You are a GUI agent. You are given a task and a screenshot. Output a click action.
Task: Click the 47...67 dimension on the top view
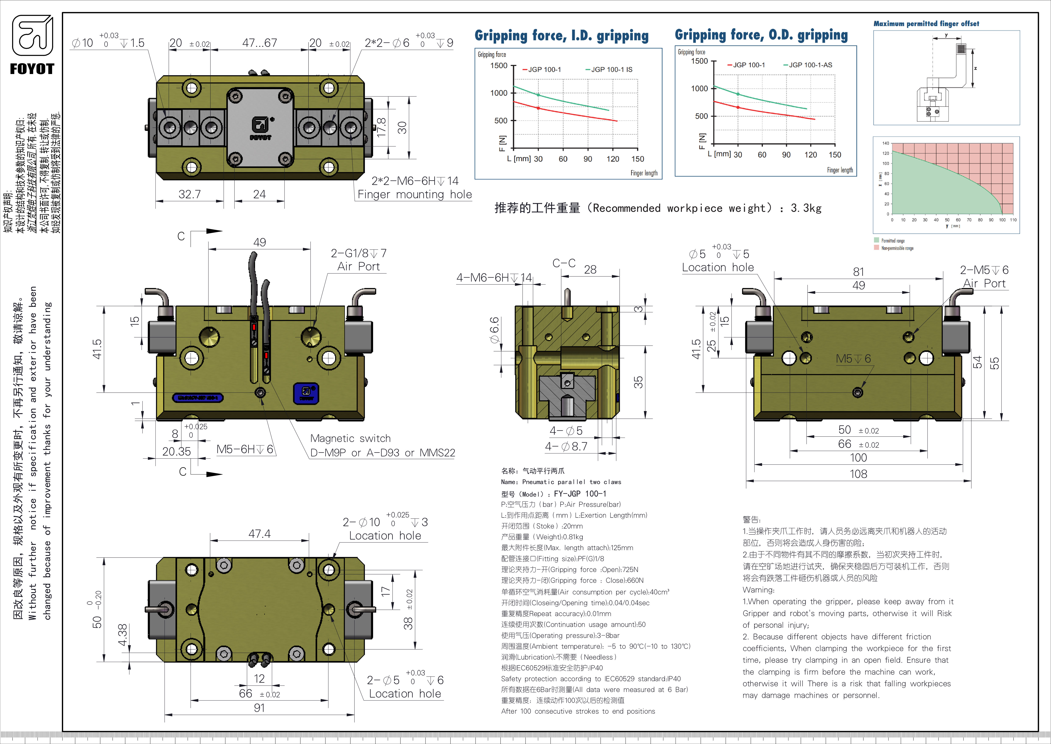click(x=260, y=43)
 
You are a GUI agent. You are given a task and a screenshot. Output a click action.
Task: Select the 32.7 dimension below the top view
click(x=190, y=194)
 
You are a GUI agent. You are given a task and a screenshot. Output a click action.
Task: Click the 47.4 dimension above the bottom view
click(x=260, y=534)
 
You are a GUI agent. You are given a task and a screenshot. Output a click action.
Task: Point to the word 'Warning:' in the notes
click(x=758, y=590)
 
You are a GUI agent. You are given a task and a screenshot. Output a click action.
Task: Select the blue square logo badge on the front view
click(x=306, y=393)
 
